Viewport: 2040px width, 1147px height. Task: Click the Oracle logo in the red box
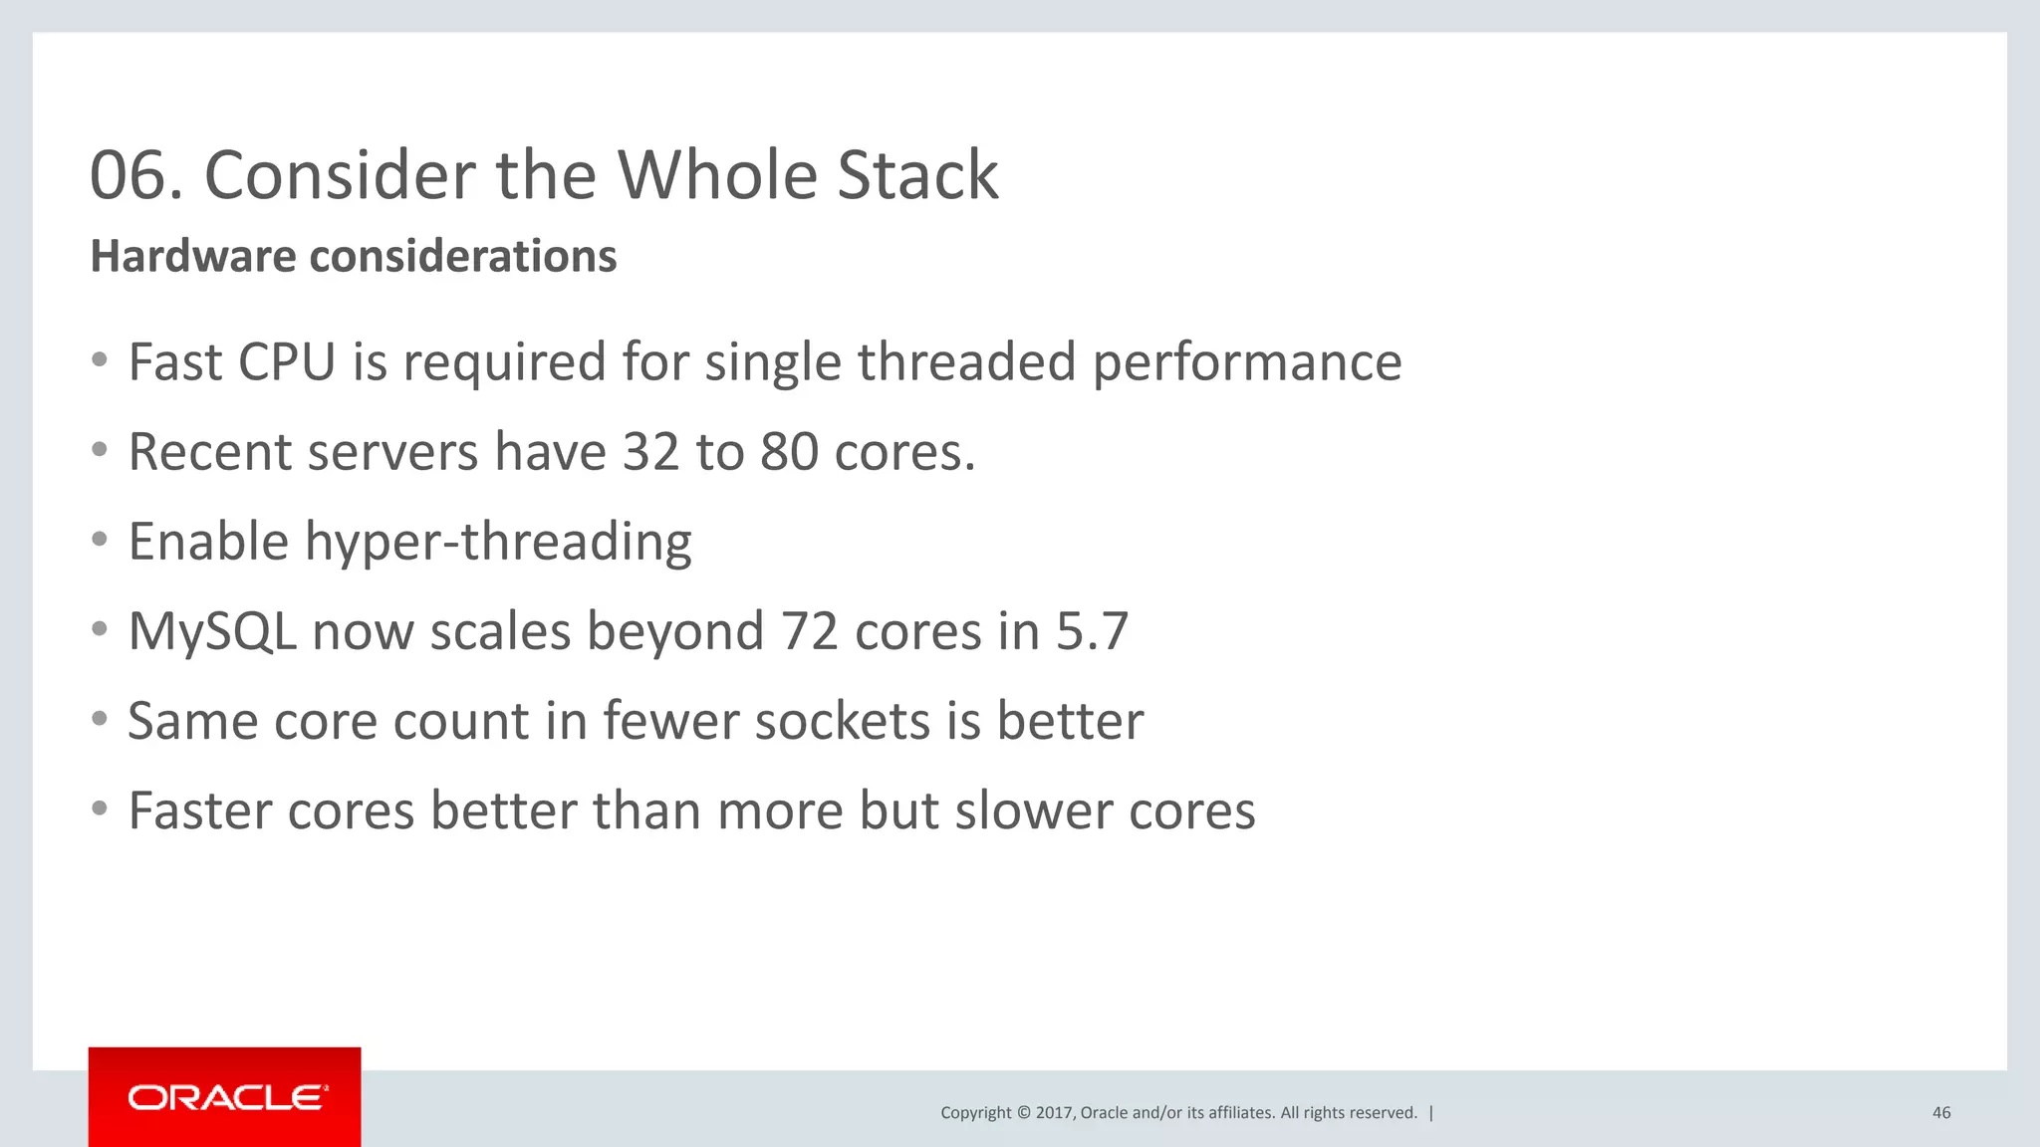coord(227,1097)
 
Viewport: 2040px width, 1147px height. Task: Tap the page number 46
coord(1940,1113)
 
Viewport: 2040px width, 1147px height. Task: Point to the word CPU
coord(287,361)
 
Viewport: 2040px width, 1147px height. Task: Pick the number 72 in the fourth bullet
coord(810,631)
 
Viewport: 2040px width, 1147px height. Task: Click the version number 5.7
coord(1092,631)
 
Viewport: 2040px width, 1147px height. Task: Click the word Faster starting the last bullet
coord(199,810)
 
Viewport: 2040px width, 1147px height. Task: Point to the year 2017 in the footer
coord(1053,1113)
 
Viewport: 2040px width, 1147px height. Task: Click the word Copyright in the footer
coord(975,1113)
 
